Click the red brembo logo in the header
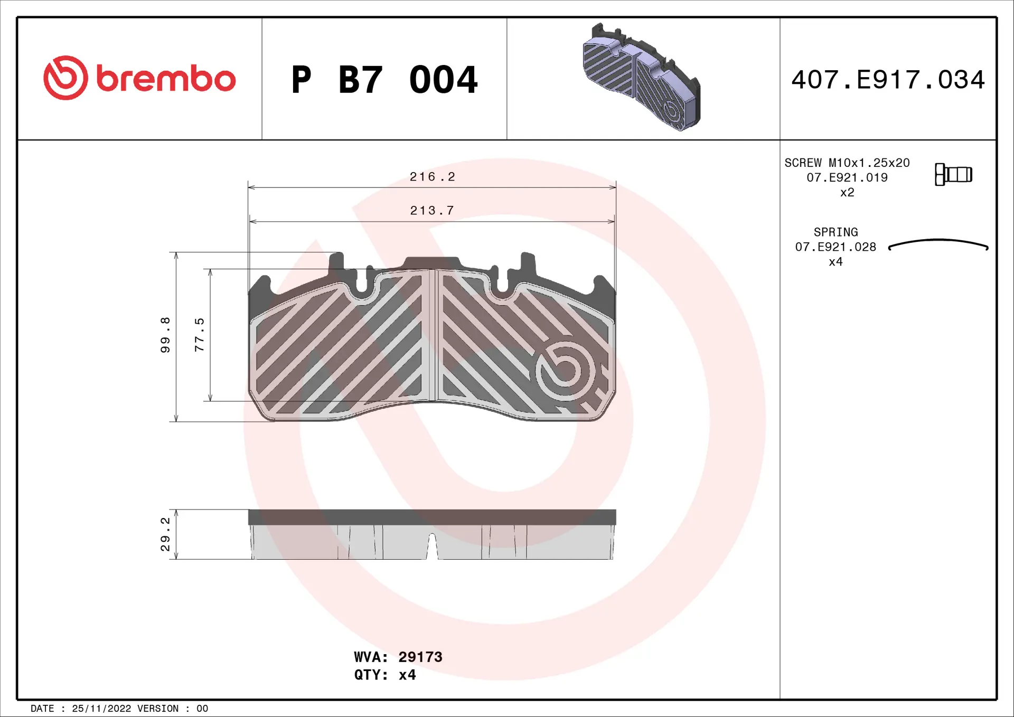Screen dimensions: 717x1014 [x=139, y=78]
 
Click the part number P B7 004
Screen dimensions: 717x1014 [x=384, y=80]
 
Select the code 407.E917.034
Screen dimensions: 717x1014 [x=888, y=80]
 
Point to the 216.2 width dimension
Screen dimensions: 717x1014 [x=432, y=177]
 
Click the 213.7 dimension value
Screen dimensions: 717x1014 [x=432, y=211]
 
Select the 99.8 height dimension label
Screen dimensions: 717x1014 [x=165, y=335]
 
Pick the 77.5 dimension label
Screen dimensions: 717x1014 [x=199, y=335]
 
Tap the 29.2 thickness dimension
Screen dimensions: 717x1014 [x=165, y=534]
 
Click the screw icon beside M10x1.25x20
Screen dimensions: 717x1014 [x=953, y=174]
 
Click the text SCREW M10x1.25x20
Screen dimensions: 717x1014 [x=847, y=163]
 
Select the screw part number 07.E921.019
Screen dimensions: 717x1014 [x=847, y=177]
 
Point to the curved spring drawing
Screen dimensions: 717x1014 [x=938, y=244]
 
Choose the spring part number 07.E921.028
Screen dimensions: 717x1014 [x=835, y=247]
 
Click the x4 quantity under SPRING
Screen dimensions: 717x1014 [x=835, y=262]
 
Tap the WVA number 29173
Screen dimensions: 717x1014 [x=420, y=657]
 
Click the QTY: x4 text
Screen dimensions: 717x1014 [x=384, y=675]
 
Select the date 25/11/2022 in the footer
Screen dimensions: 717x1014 [x=101, y=709]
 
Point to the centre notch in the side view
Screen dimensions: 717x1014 [x=432, y=547]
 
